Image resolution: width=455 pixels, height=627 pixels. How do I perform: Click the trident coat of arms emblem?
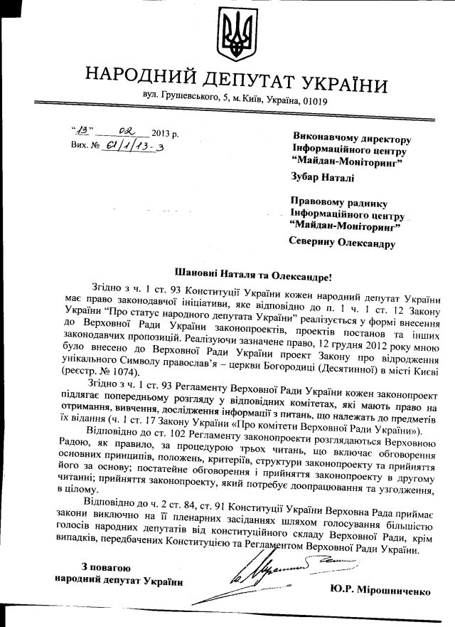tap(235, 36)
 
